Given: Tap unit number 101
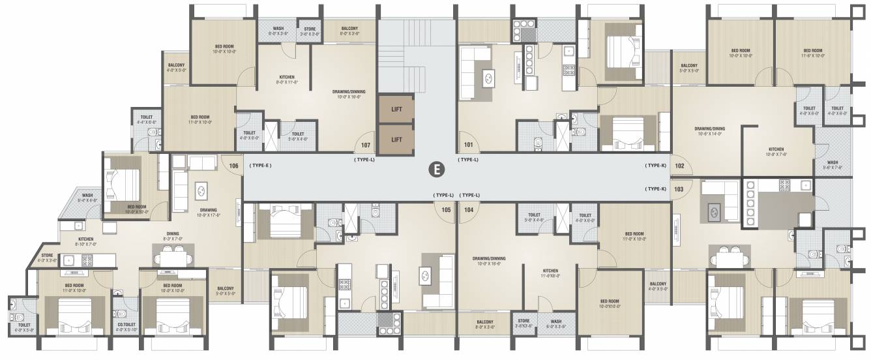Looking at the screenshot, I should point(467,145).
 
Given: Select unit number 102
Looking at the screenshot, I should point(679,166).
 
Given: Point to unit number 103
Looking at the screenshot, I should point(679,188).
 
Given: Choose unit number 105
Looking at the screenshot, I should point(446,210).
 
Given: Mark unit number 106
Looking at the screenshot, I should point(233,166).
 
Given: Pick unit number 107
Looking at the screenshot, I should point(365,145).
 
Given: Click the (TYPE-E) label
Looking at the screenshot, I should point(259,166).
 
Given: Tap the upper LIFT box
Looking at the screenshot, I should point(396,109).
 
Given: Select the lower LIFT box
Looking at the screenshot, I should point(396,139).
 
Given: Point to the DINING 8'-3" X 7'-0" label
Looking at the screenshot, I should point(173,236).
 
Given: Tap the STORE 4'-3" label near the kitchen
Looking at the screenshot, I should point(47,258).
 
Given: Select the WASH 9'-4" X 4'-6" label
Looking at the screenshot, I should point(87,198).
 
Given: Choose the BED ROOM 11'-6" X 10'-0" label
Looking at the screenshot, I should point(813,53).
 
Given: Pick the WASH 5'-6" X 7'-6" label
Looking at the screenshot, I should point(833,165).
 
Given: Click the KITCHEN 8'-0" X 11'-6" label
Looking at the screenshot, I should point(287,80).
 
